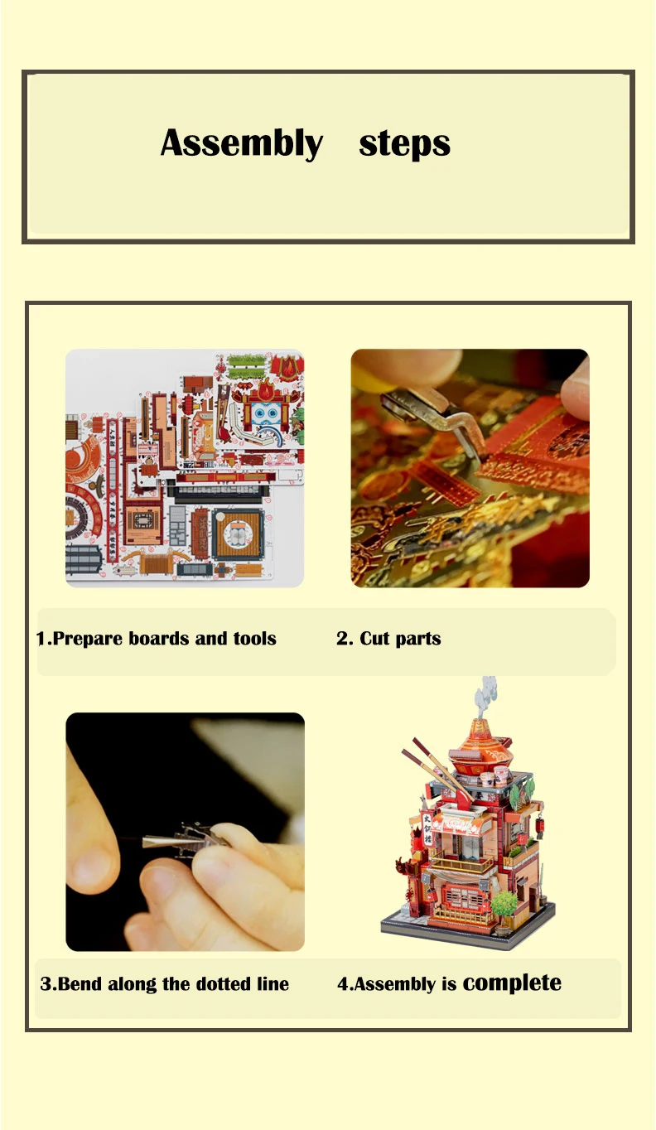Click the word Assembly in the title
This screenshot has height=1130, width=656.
[241, 143]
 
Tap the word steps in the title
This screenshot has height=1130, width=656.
[404, 143]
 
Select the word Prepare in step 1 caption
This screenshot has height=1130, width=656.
[88, 639]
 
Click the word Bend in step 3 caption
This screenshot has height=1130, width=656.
[79, 984]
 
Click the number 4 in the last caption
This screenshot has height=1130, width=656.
[342, 984]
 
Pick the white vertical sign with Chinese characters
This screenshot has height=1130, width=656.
[428, 828]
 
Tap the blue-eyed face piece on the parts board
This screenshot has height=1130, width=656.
[264, 413]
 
